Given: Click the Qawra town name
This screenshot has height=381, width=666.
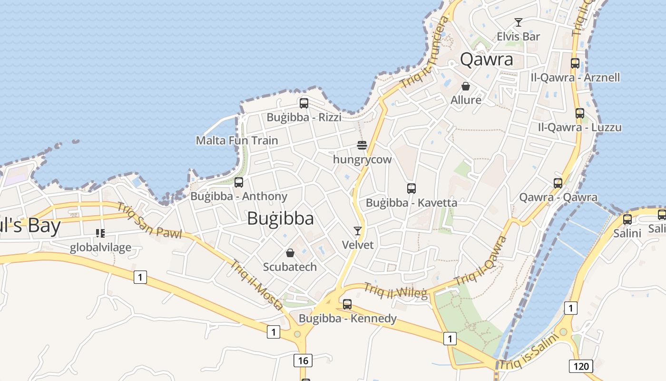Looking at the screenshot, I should tap(487, 60).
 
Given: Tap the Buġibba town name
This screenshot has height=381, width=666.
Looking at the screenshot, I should tap(280, 218).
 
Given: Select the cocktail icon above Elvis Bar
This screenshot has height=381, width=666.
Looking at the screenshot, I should tap(519, 22).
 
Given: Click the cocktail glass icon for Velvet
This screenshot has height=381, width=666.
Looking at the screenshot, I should tap(358, 231).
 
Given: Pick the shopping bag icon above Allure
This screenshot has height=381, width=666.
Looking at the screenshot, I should tap(466, 86).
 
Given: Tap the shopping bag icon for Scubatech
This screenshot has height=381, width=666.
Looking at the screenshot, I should tap(290, 252).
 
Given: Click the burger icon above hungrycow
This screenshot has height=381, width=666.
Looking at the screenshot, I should tap(362, 145).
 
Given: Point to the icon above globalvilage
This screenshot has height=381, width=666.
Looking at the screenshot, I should tap(100, 233).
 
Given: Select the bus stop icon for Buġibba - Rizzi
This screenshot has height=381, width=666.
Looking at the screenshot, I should tap(304, 103).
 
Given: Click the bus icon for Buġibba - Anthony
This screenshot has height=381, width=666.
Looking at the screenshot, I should tap(239, 182).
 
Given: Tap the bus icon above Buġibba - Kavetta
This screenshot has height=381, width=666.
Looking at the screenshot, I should tap(411, 188).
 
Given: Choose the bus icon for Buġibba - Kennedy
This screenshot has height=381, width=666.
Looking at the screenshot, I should tap(347, 304).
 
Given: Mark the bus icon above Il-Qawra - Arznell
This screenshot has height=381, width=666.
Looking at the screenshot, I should tap(575, 63).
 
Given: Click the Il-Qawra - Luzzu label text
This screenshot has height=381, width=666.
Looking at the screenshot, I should tap(579, 128).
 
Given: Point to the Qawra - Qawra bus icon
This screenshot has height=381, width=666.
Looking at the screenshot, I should tap(558, 183).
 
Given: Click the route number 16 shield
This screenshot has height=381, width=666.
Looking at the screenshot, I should tap(303, 361).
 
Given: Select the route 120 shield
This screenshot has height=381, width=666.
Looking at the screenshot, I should tap(581, 366).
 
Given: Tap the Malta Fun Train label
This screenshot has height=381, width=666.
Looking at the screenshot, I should tap(237, 140).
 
